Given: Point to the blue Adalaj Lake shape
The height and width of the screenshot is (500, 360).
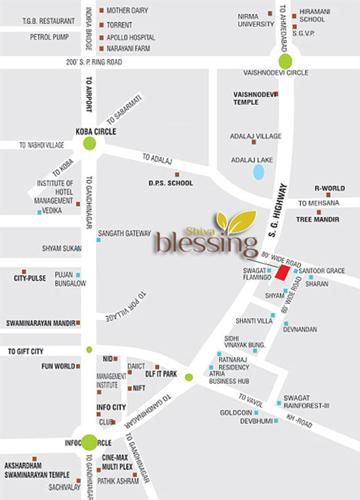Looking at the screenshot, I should pos(259,171).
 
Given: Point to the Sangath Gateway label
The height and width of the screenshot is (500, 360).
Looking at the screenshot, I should pos(124,233).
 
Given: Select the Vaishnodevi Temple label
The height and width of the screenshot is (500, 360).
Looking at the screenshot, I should pos(253,98).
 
